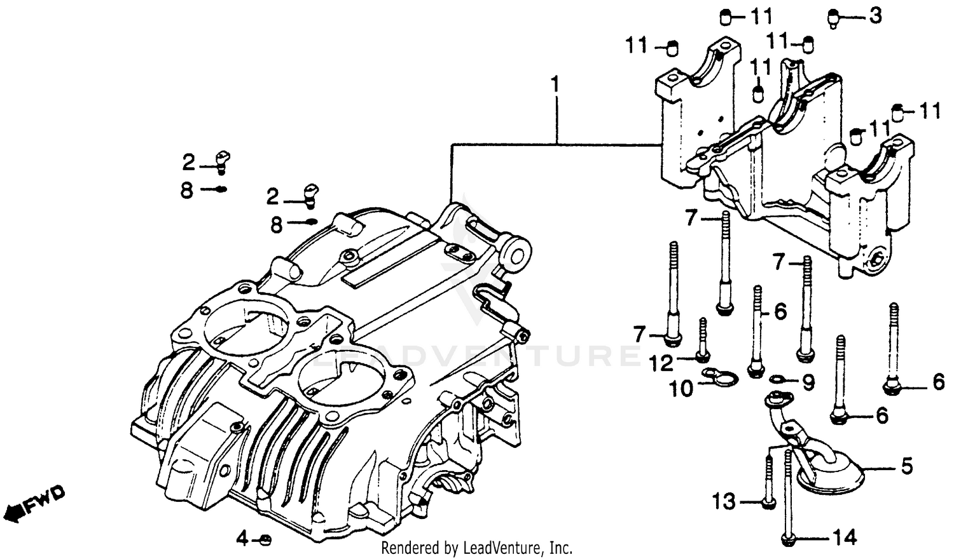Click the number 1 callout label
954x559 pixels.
pos(555,84)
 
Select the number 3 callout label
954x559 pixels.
pos(875,16)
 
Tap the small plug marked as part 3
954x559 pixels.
pos(833,19)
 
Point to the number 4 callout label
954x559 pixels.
pos(242,540)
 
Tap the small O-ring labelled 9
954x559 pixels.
pos(777,380)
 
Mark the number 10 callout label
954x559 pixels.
pos(681,388)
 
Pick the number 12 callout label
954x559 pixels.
pos(661,363)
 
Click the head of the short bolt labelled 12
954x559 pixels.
pos(702,357)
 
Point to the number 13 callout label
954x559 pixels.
pos(724,502)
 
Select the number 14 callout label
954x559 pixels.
pos(845,538)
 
